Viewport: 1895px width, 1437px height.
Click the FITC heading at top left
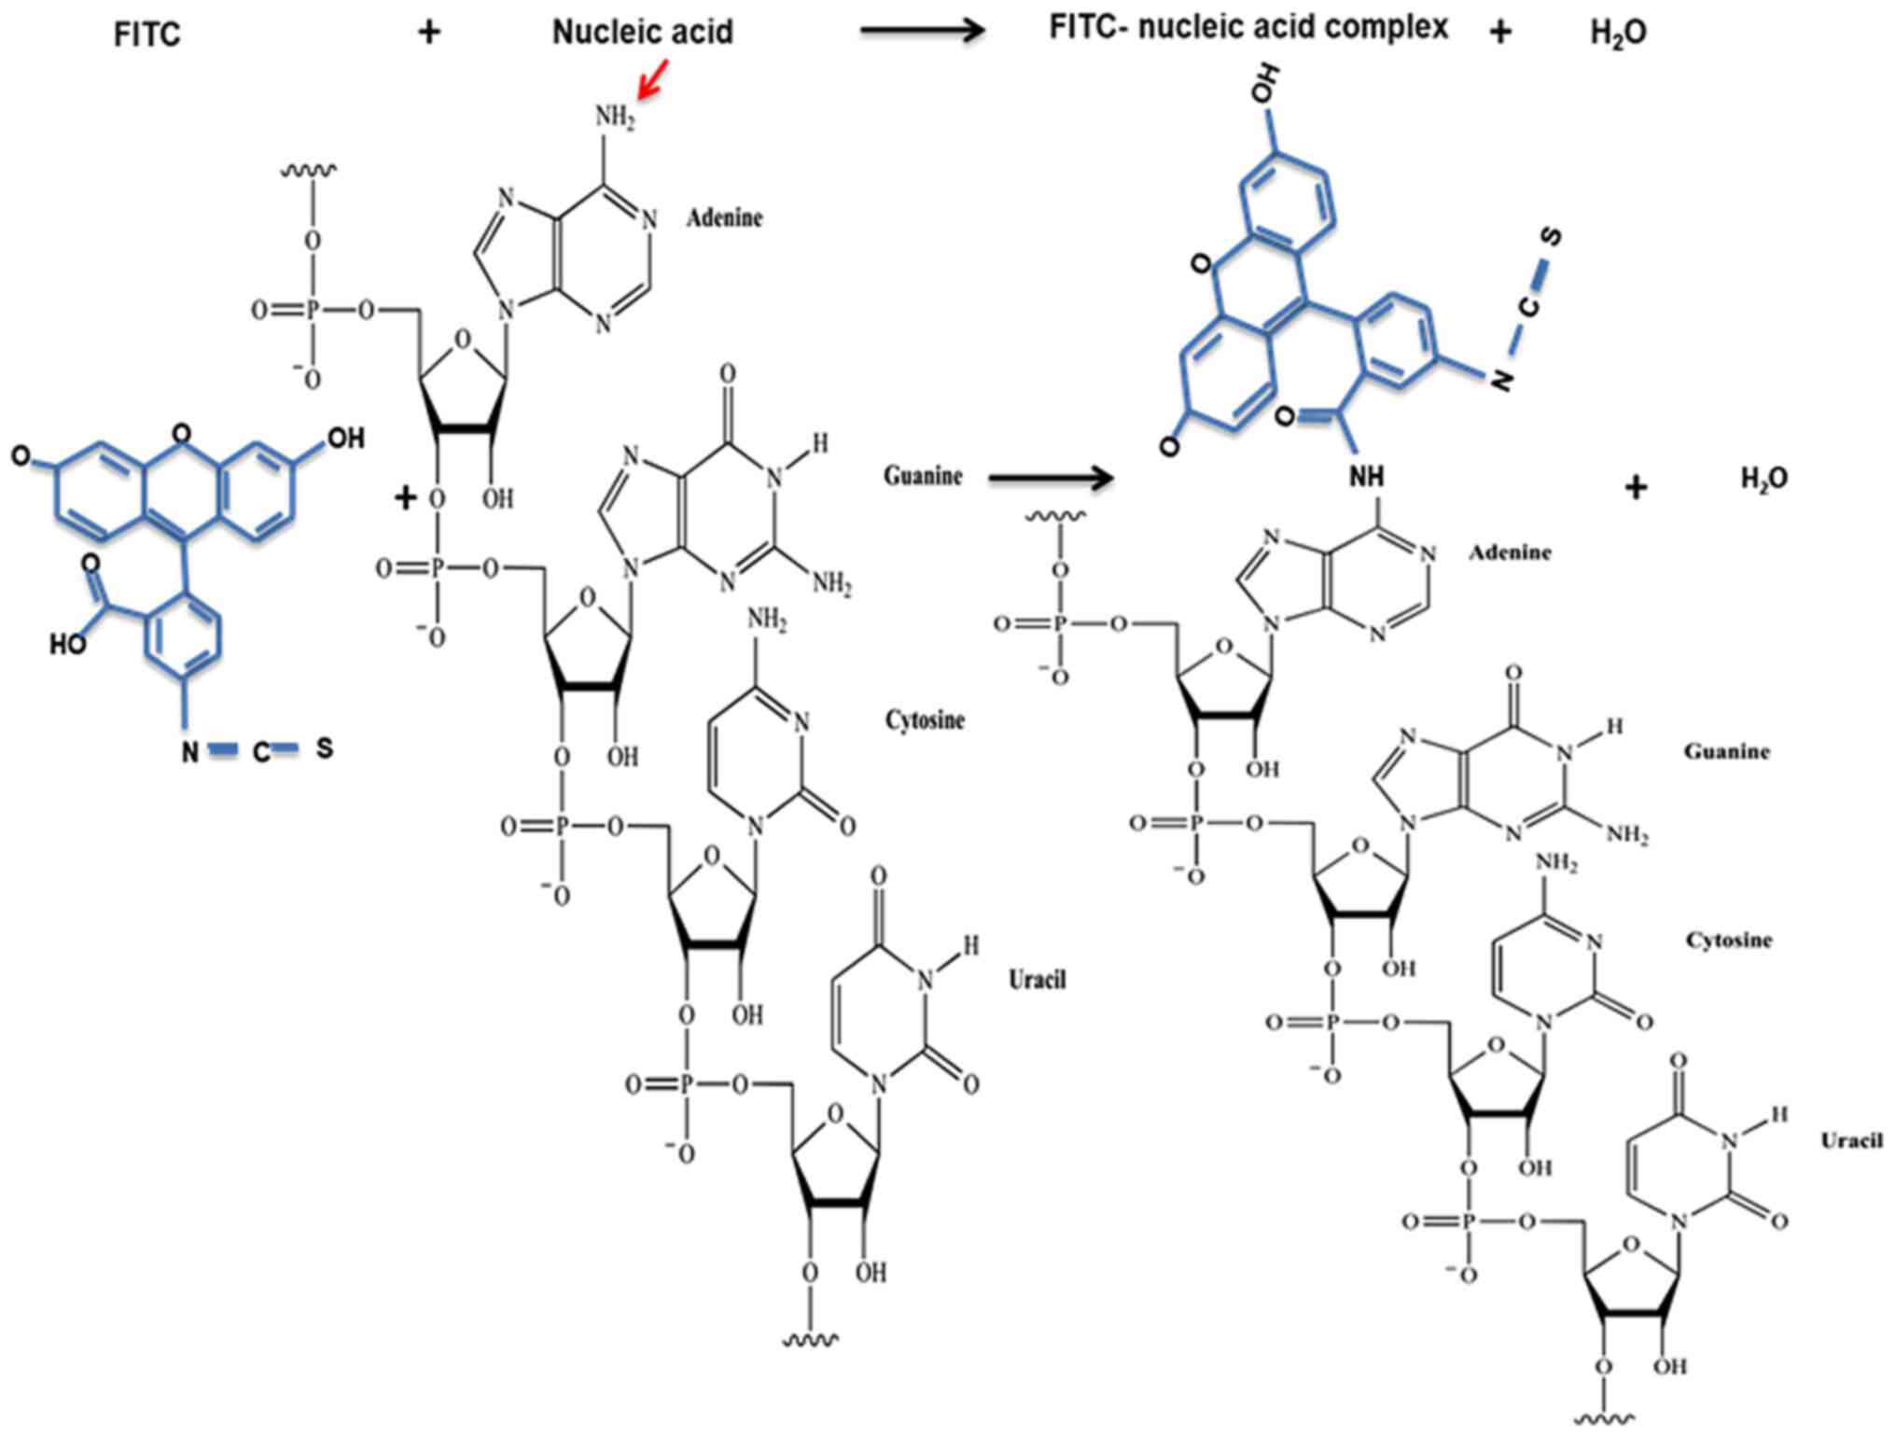146,35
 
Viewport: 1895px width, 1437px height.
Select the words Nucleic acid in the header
643,33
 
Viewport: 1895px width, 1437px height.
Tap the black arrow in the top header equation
921,31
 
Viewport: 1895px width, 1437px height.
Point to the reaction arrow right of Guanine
1051,479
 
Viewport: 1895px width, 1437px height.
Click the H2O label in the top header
1619,33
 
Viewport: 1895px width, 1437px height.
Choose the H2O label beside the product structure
1764,479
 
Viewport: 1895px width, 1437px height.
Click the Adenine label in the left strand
724,218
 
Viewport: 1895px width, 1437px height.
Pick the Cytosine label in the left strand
925,720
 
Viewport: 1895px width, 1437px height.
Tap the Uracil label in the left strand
1037,980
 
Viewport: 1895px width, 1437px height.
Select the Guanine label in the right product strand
1726,751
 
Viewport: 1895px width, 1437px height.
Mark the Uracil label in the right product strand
1851,1140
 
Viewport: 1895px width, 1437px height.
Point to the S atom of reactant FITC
324,748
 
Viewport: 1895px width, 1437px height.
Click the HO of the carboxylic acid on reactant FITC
68,644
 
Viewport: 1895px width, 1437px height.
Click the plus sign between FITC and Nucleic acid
428,33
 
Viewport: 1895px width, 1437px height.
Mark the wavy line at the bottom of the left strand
810,1340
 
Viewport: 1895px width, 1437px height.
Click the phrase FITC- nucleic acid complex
1248,28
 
